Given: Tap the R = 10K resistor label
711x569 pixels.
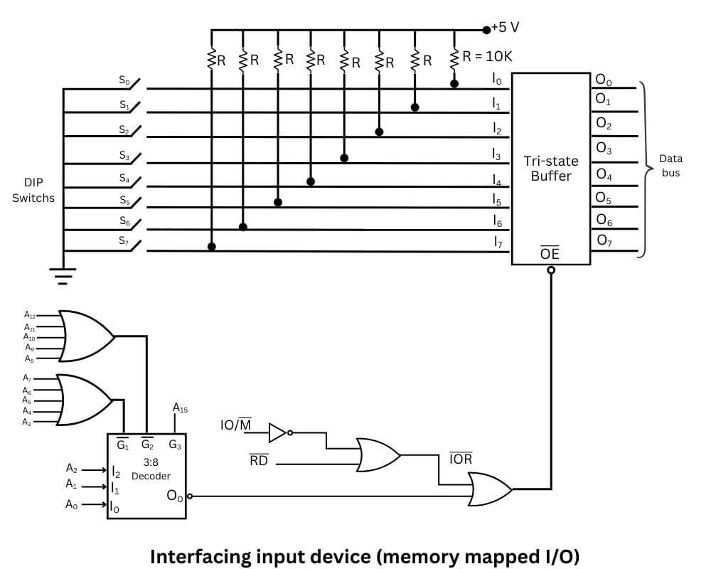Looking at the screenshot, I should click(487, 56).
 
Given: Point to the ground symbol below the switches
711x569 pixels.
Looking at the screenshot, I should click(63, 274).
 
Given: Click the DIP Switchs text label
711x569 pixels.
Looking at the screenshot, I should click(33, 191).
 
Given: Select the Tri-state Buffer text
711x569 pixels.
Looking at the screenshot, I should click(551, 168).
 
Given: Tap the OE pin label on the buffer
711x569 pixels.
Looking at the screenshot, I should click(550, 253).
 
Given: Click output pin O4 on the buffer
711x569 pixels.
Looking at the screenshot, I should click(604, 174).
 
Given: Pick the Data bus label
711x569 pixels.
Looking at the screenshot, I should click(670, 165).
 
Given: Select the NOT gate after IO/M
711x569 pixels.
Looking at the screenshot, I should click(278, 432).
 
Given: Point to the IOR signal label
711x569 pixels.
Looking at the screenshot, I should click(461, 459).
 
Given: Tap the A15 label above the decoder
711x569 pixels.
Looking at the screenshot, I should click(179, 408).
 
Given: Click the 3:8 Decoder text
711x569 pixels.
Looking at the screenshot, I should click(150, 468).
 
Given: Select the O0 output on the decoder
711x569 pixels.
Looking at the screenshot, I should click(174, 495).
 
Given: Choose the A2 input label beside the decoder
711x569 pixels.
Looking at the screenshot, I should click(71, 468).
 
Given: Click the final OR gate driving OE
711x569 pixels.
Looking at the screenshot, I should click(489, 489).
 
